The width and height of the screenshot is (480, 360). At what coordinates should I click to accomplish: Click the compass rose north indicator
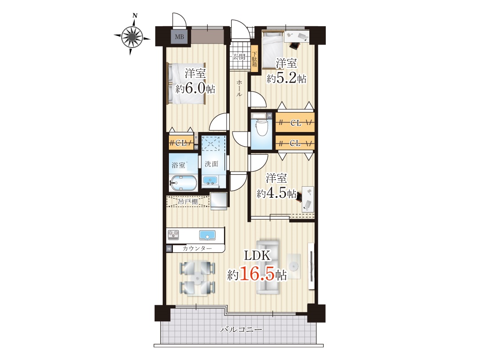coord(135,15)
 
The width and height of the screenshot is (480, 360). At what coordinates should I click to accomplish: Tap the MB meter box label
coord(180,37)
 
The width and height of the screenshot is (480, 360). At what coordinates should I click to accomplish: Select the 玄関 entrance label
coord(239,56)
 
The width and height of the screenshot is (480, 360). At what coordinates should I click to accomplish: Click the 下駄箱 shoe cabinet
coord(254,59)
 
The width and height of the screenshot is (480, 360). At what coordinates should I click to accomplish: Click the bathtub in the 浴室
coord(183,183)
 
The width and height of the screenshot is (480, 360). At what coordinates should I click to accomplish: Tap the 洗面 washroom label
coord(212,164)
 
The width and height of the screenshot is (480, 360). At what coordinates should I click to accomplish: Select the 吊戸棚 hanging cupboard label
coord(188,202)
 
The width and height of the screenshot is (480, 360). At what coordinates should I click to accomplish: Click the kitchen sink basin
coord(207,235)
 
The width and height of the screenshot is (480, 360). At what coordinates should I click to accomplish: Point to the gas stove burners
coord(173,235)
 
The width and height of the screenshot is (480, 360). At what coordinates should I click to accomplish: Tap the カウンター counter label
coord(197,248)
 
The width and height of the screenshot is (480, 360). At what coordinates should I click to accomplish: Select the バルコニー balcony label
coord(241,330)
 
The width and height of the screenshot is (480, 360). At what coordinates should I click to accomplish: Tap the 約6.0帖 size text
coord(195,89)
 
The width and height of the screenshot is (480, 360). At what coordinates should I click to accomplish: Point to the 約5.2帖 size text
coord(286,78)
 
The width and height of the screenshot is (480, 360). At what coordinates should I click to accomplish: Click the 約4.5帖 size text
coord(276,193)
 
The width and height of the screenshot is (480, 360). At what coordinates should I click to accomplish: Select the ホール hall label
coord(239,88)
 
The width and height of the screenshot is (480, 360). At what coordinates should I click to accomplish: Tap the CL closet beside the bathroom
coord(181,143)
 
